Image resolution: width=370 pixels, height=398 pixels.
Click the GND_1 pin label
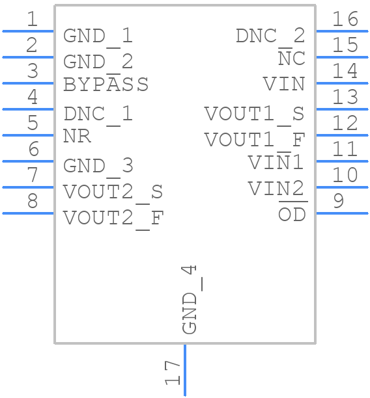tap(98, 36)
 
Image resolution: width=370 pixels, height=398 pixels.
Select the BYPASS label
tap(106, 85)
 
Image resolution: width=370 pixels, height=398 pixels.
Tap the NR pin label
tap(77, 137)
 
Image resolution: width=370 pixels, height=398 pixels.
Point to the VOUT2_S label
tap(113, 192)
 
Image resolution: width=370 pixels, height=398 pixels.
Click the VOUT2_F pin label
tap(113, 218)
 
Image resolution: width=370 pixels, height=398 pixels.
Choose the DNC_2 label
tap(270, 36)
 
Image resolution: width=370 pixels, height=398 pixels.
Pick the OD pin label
tap(292, 214)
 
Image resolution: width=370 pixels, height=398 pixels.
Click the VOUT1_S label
tap(255, 114)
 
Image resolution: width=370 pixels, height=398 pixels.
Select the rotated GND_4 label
tap(190, 300)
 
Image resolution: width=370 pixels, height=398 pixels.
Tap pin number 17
tap(172, 373)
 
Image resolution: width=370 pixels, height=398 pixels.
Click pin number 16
tap(345, 20)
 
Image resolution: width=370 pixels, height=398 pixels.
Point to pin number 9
tap(338, 202)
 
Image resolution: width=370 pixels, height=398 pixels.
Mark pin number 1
tap(32, 20)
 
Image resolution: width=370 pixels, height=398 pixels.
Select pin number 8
tap(32, 202)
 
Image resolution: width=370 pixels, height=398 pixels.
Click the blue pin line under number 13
tap(342, 109)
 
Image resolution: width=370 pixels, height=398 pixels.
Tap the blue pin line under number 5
tap(28, 135)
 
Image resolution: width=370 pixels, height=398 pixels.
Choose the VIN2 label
tap(276, 189)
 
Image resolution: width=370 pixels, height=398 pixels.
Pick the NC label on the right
tap(291, 59)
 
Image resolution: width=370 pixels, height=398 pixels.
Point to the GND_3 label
tap(98, 166)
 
